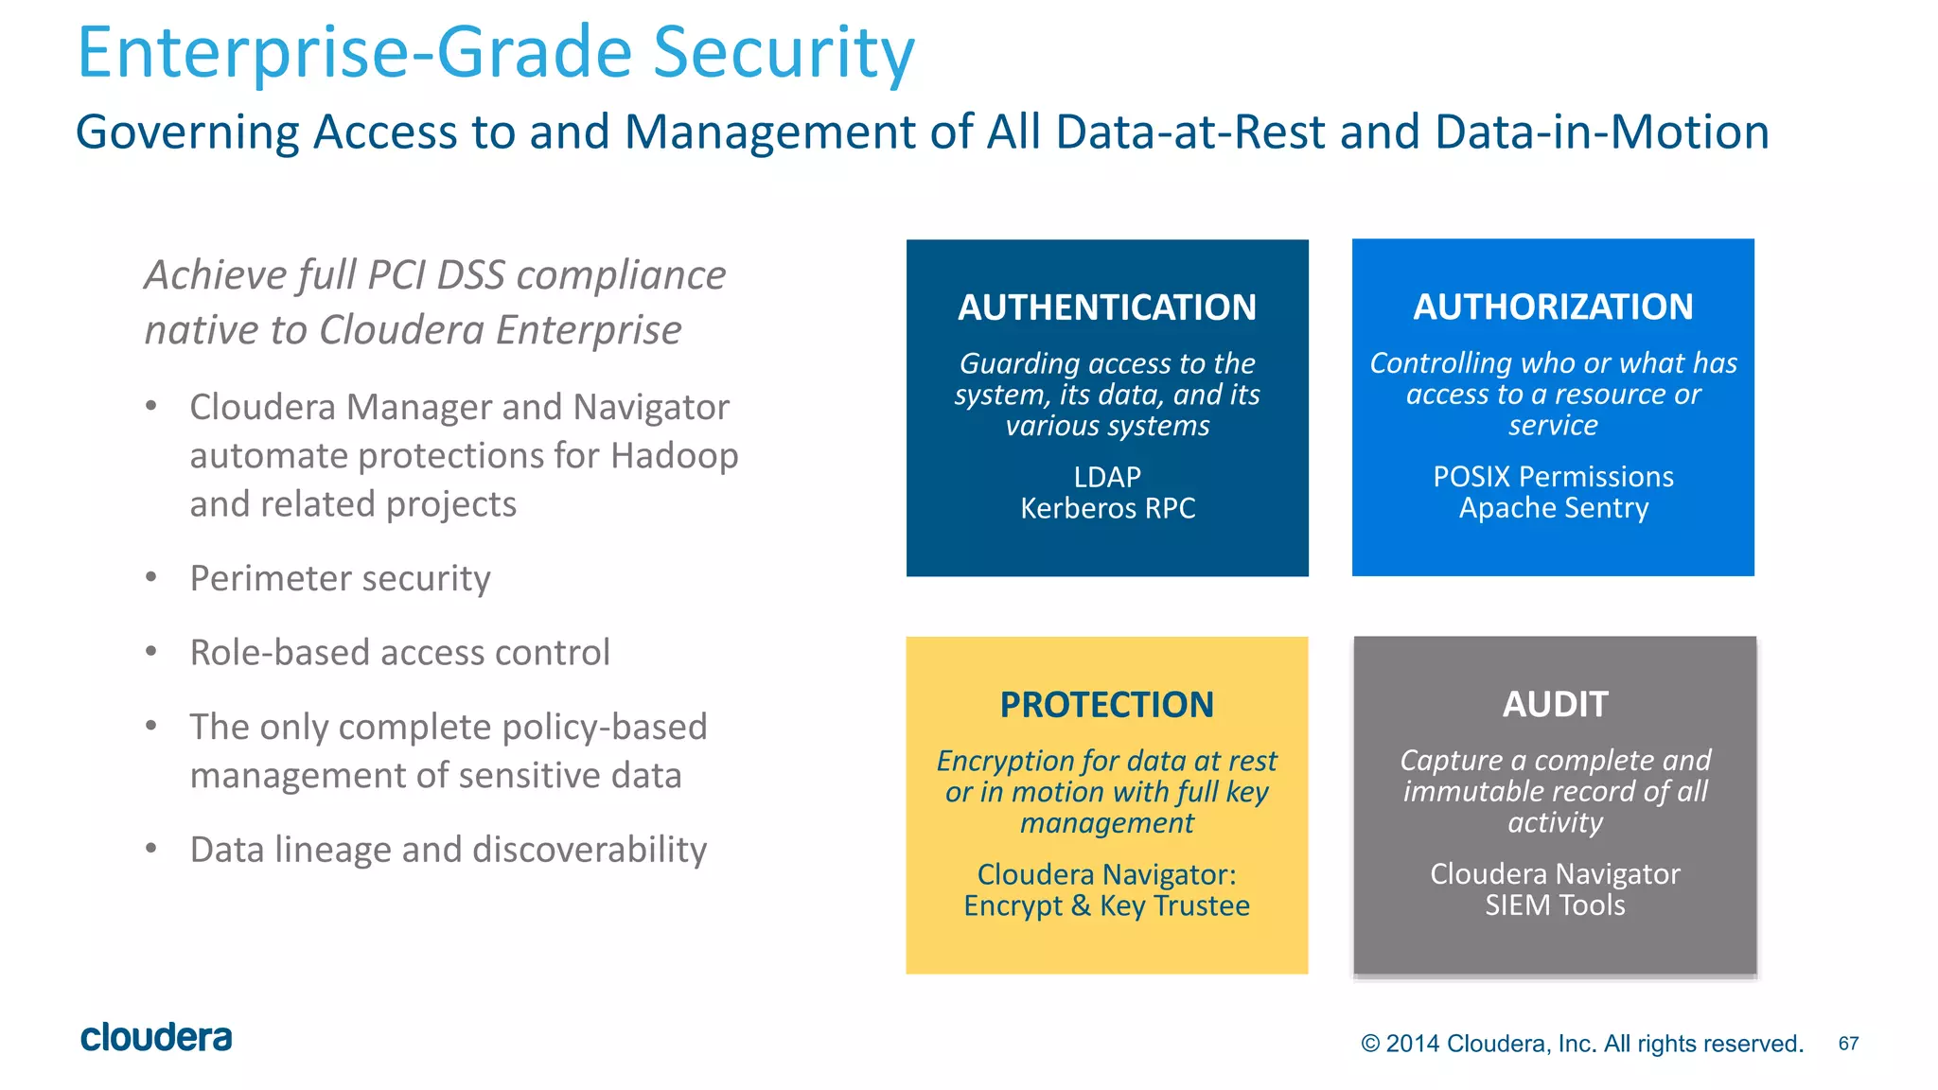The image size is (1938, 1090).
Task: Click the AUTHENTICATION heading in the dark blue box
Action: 1106,308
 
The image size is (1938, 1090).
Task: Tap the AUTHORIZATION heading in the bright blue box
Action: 1553,307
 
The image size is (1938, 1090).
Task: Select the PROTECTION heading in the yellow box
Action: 1106,705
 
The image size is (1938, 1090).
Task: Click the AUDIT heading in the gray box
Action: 1555,704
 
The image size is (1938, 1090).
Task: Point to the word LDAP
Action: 1106,477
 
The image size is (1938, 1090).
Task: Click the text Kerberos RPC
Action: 1106,508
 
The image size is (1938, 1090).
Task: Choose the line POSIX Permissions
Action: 1553,476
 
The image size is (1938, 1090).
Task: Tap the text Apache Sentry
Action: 1553,508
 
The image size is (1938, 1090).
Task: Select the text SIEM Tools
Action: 1555,905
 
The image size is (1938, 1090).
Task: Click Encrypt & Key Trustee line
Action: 1106,905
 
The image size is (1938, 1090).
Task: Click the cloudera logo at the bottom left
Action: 156,1038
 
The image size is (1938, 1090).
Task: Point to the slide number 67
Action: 1848,1044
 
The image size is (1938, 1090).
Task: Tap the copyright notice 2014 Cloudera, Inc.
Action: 1581,1044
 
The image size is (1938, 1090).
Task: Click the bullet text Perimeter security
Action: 340,578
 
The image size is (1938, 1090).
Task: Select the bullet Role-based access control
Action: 399,653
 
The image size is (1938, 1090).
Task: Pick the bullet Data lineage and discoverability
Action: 448,850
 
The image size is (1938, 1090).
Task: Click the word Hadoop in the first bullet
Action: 674,456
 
